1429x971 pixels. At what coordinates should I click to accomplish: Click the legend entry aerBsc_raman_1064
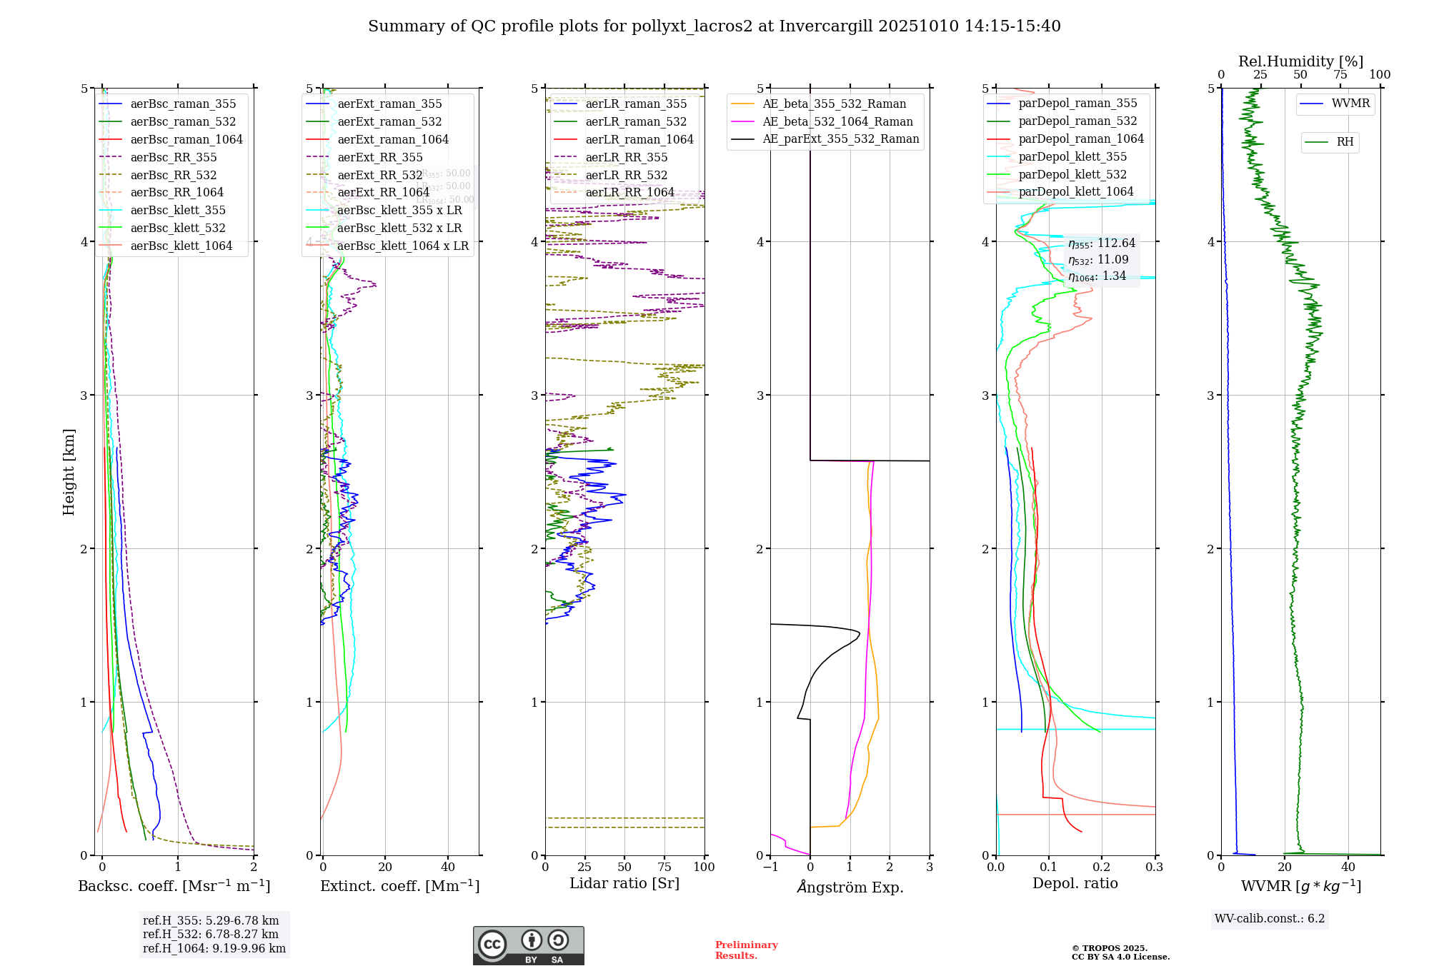point(186,139)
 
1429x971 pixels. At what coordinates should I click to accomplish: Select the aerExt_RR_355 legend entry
point(379,157)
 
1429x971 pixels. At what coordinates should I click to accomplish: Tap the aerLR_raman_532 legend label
point(636,122)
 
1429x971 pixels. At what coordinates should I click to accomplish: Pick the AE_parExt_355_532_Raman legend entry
point(840,139)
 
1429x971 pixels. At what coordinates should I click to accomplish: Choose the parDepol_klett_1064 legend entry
point(1075,192)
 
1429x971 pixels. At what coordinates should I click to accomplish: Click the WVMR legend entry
point(1350,104)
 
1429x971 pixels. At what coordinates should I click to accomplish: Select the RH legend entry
point(1345,142)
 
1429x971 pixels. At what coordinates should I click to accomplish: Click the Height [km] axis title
point(69,472)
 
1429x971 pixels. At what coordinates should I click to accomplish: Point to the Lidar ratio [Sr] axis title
point(624,883)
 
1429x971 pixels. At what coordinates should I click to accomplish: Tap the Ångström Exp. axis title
point(850,887)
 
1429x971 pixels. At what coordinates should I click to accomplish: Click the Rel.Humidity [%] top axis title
point(1300,61)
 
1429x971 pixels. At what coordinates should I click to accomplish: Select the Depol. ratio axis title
point(1075,883)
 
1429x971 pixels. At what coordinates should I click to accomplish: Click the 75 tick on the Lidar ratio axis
point(664,867)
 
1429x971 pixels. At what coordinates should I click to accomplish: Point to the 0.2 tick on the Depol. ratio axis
point(1102,867)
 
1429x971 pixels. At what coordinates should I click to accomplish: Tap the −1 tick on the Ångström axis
point(770,867)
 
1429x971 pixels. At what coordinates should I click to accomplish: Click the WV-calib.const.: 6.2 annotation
point(1269,918)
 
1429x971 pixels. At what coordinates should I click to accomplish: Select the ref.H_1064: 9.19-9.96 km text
point(214,948)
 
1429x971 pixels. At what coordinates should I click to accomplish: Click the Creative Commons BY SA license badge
point(528,945)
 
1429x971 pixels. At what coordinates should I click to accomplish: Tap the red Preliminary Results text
point(746,950)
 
